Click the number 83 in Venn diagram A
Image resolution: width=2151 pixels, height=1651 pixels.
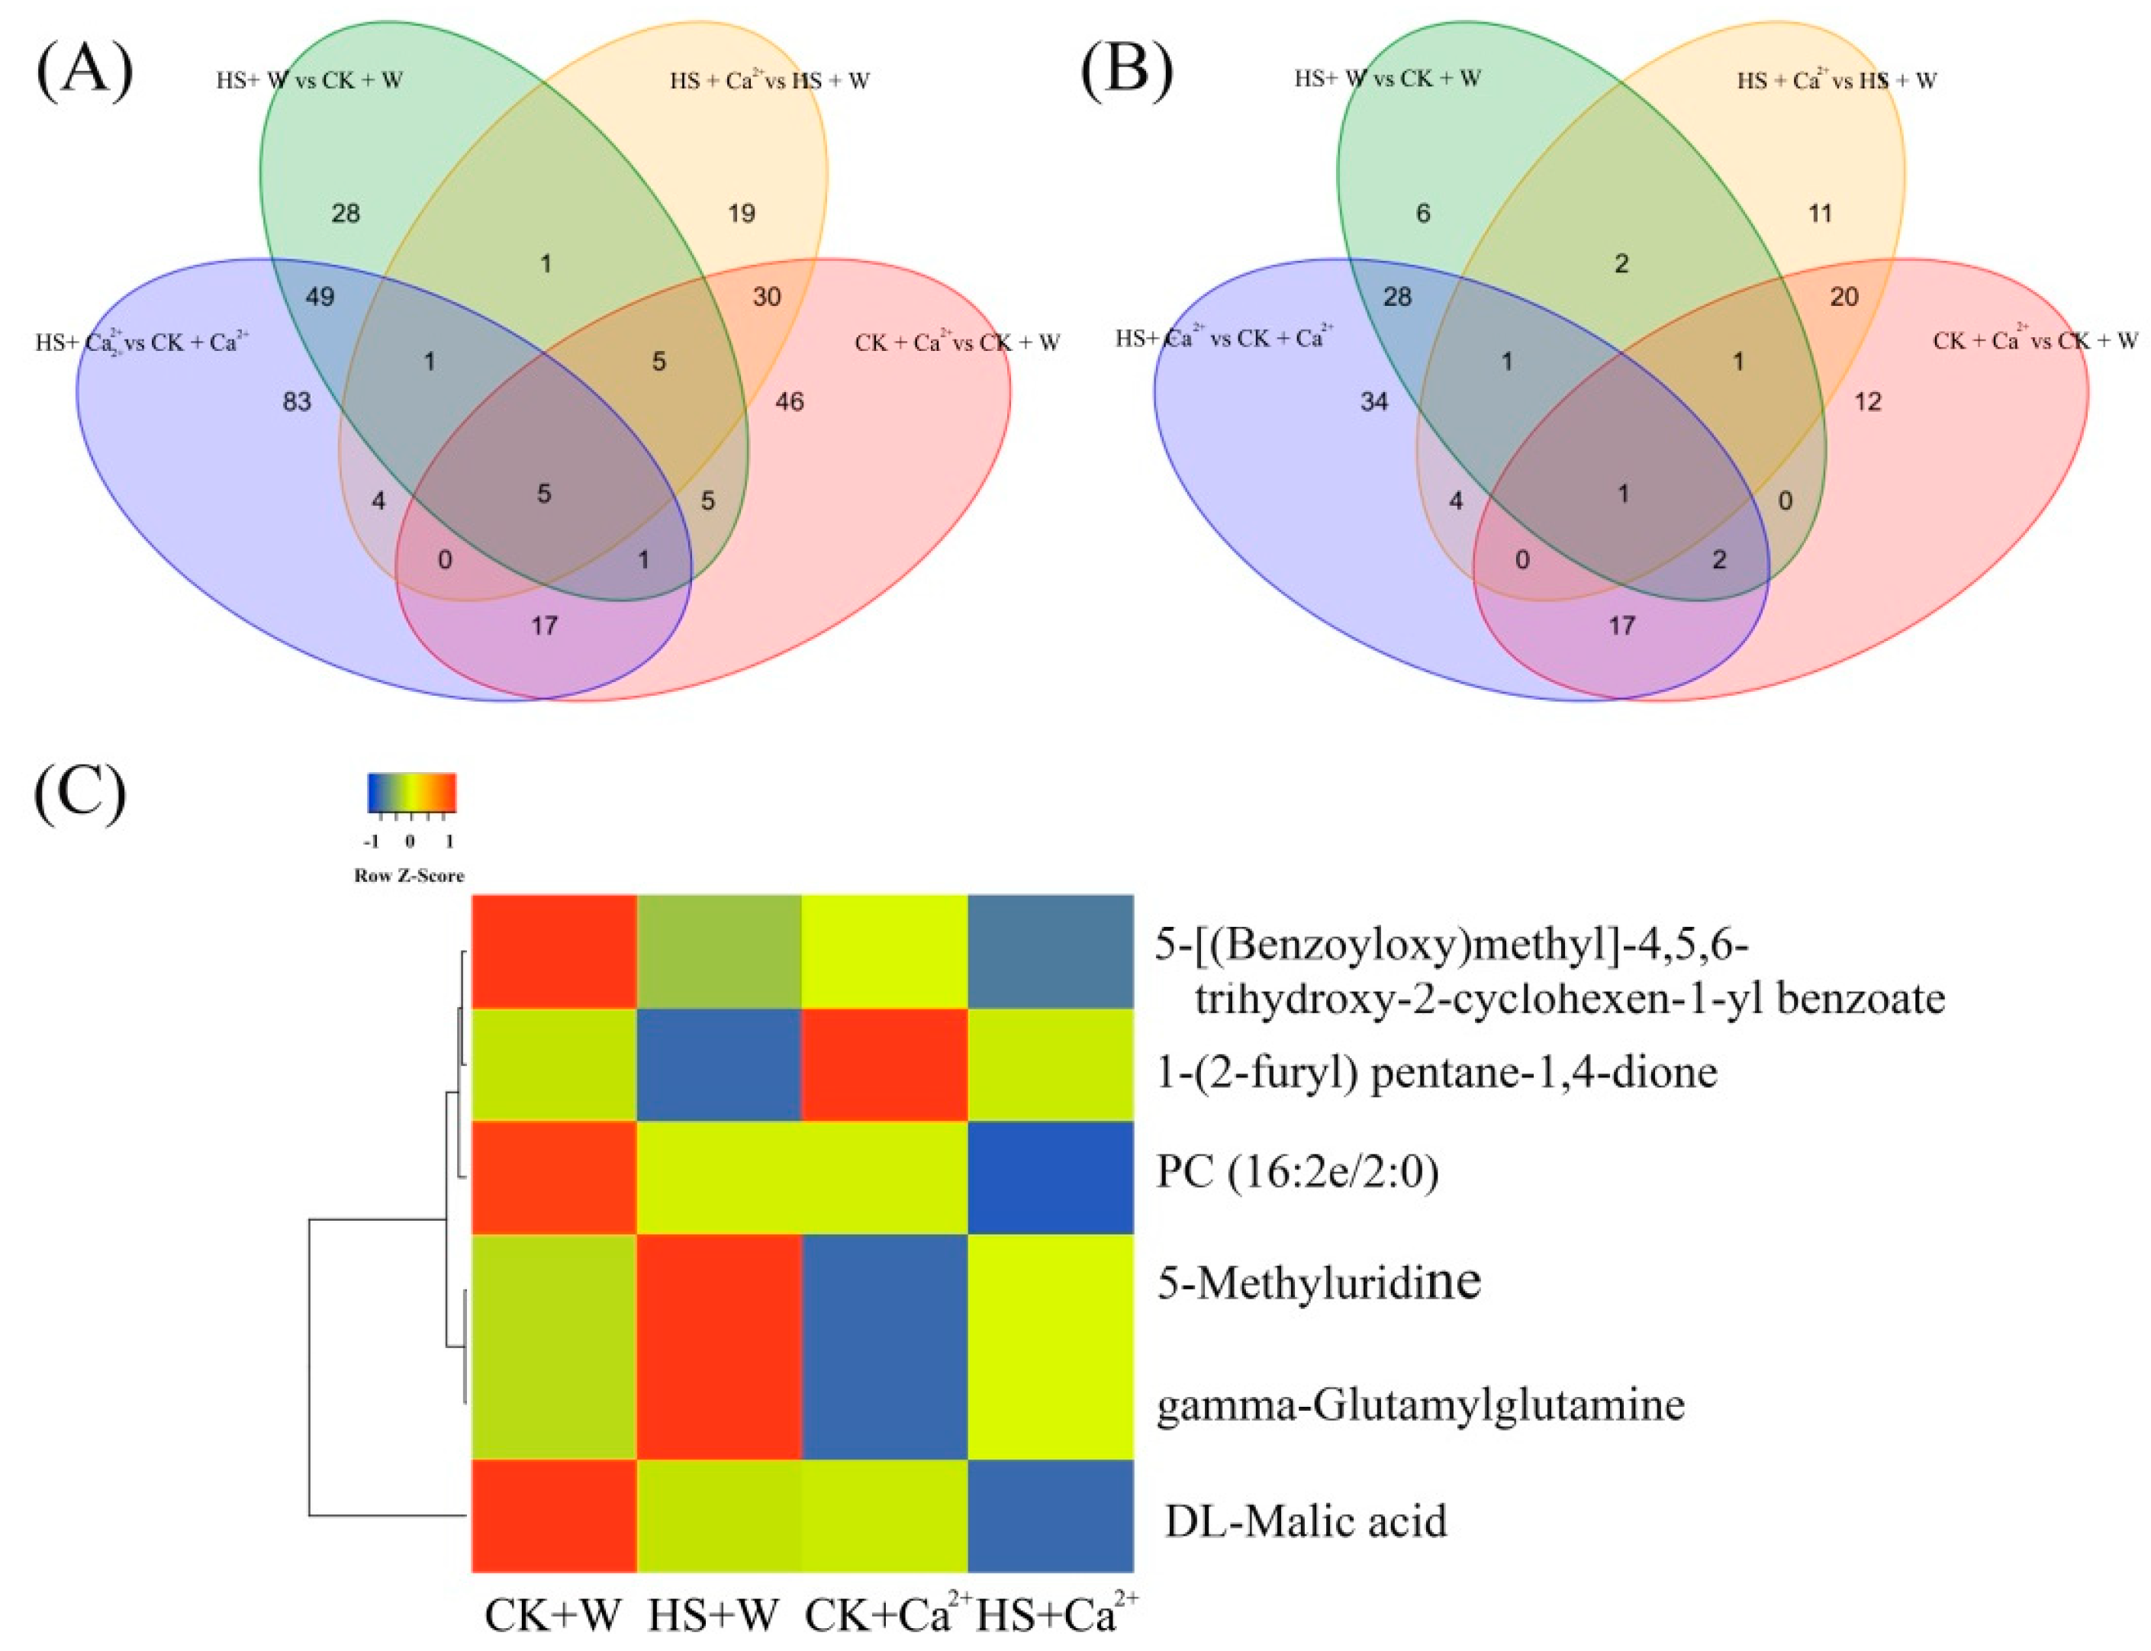coord(297,401)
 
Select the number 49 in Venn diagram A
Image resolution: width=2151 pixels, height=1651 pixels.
coord(320,297)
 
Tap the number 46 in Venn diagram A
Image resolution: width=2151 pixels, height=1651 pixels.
coord(789,401)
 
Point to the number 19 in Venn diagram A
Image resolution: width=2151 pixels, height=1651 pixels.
coord(742,214)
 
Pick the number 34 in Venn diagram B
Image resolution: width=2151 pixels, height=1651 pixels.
coord(1373,401)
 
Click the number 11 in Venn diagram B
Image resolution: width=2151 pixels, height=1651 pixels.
coord(1820,214)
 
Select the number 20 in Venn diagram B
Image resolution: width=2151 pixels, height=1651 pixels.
coord(1844,297)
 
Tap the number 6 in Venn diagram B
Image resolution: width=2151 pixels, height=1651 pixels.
coord(1423,214)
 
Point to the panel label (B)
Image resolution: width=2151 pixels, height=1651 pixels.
coord(1126,72)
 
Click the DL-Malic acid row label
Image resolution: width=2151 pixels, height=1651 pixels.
coord(1306,1521)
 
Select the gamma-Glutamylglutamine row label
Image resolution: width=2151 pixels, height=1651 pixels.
coord(1420,1405)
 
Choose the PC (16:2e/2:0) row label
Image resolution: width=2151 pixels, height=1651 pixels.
coord(1297,1173)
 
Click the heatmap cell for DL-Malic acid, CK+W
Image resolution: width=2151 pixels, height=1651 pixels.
coord(554,1517)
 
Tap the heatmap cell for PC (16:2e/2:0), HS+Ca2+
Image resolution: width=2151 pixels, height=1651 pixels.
coord(1051,1177)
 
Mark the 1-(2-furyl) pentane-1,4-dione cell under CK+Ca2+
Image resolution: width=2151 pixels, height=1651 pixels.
coord(884,1064)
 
